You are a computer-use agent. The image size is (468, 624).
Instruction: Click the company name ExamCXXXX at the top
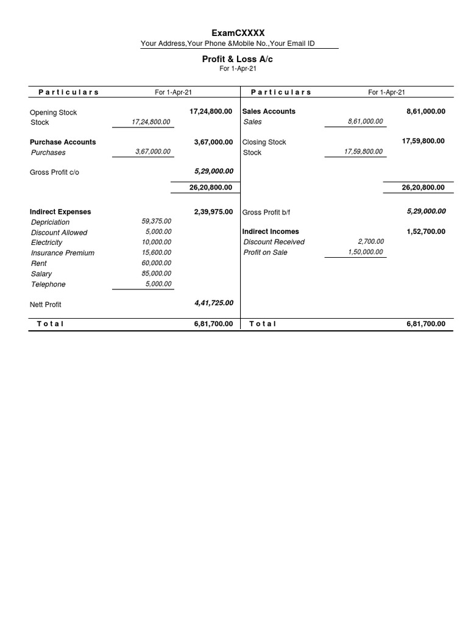click(x=238, y=33)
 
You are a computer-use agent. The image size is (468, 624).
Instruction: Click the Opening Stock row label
click(x=54, y=112)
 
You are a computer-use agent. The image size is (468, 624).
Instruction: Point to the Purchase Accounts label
click(x=63, y=142)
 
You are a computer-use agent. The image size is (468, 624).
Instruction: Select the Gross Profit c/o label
click(x=54, y=172)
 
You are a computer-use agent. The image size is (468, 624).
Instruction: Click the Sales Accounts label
click(x=269, y=112)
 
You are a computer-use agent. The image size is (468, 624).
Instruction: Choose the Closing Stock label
click(x=264, y=142)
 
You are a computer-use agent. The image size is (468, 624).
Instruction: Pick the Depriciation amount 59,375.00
click(x=157, y=221)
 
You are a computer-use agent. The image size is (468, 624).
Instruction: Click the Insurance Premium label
click(x=63, y=253)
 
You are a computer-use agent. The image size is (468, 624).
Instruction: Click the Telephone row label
click(x=48, y=285)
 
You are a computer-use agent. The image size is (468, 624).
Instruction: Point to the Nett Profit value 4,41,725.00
click(x=213, y=303)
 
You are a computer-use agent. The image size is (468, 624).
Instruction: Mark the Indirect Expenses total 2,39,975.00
click(x=213, y=211)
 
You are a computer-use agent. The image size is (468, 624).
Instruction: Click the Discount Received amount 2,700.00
click(x=370, y=241)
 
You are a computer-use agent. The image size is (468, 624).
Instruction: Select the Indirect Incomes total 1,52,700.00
click(x=425, y=232)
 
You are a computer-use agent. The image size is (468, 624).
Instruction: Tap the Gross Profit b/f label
click(x=267, y=213)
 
